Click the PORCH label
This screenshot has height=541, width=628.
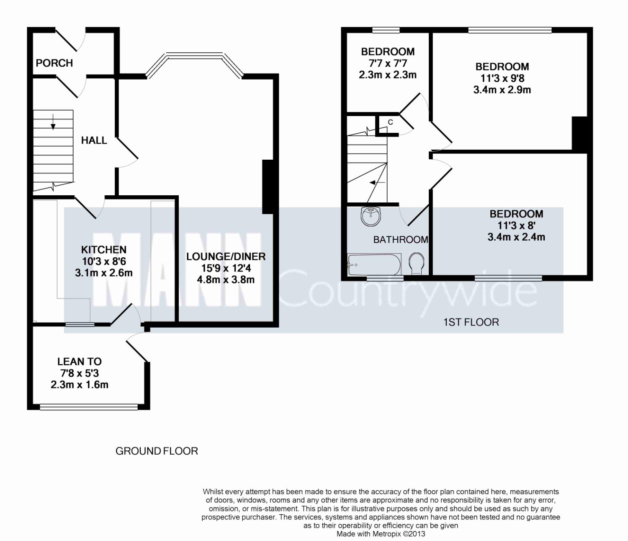click(54, 63)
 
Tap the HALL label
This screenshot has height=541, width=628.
click(94, 140)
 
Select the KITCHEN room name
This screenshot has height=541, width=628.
click(103, 250)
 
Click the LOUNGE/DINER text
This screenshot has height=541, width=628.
click(226, 256)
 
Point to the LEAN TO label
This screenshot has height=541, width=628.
click(80, 362)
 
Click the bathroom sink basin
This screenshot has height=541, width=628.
click(371, 216)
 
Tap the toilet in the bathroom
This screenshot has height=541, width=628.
click(417, 264)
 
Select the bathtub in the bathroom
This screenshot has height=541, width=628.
click(374, 264)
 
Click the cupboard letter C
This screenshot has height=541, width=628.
click(391, 122)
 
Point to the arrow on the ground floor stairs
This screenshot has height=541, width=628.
click(53, 122)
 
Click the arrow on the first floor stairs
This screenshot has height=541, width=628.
click(377, 182)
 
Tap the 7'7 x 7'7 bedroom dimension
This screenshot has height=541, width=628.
click(388, 63)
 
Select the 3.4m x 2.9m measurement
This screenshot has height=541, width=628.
click(502, 90)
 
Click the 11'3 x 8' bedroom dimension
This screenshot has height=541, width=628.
click(516, 225)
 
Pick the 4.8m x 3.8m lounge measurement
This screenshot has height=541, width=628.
click(226, 280)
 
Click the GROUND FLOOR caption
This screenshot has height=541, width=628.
click(157, 451)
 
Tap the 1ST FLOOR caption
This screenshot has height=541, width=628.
click(471, 322)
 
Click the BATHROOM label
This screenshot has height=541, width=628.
click(401, 240)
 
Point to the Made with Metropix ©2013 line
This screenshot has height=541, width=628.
click(381, 534)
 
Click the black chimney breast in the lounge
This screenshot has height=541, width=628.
click(268, 187)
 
